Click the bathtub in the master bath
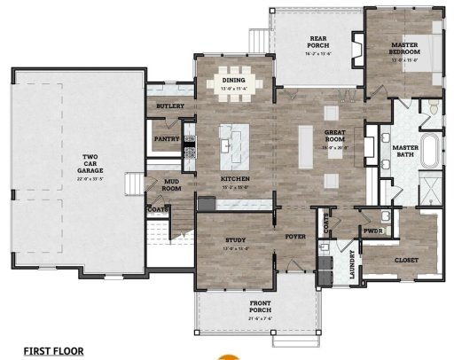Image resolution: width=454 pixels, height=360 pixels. [432, 153]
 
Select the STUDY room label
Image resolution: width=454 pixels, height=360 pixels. [235, 240]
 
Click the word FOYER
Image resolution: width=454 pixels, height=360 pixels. [294, 237]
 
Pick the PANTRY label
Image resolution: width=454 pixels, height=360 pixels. [167, 138]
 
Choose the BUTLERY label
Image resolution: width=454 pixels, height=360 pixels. [169, 106]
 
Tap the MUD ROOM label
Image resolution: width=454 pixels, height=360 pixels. [171, 184]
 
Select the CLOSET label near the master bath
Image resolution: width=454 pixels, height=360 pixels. [405, 260]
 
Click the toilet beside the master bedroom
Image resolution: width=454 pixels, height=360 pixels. [432, 107]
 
